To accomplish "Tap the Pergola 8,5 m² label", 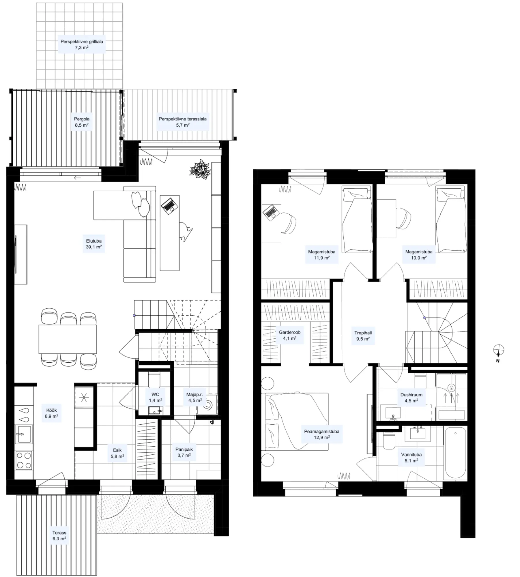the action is point(82,122).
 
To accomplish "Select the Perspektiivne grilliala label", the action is point(82,42).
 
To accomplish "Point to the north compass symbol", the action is point(498,350).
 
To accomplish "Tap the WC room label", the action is point(155,394).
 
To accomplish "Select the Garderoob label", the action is point(289,332).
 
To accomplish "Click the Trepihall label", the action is point(363,333).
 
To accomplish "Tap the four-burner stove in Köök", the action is point(24,460).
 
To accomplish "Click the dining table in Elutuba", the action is point(68,339).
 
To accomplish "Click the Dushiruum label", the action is point(411,395).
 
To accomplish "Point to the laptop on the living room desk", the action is point(169,205).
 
